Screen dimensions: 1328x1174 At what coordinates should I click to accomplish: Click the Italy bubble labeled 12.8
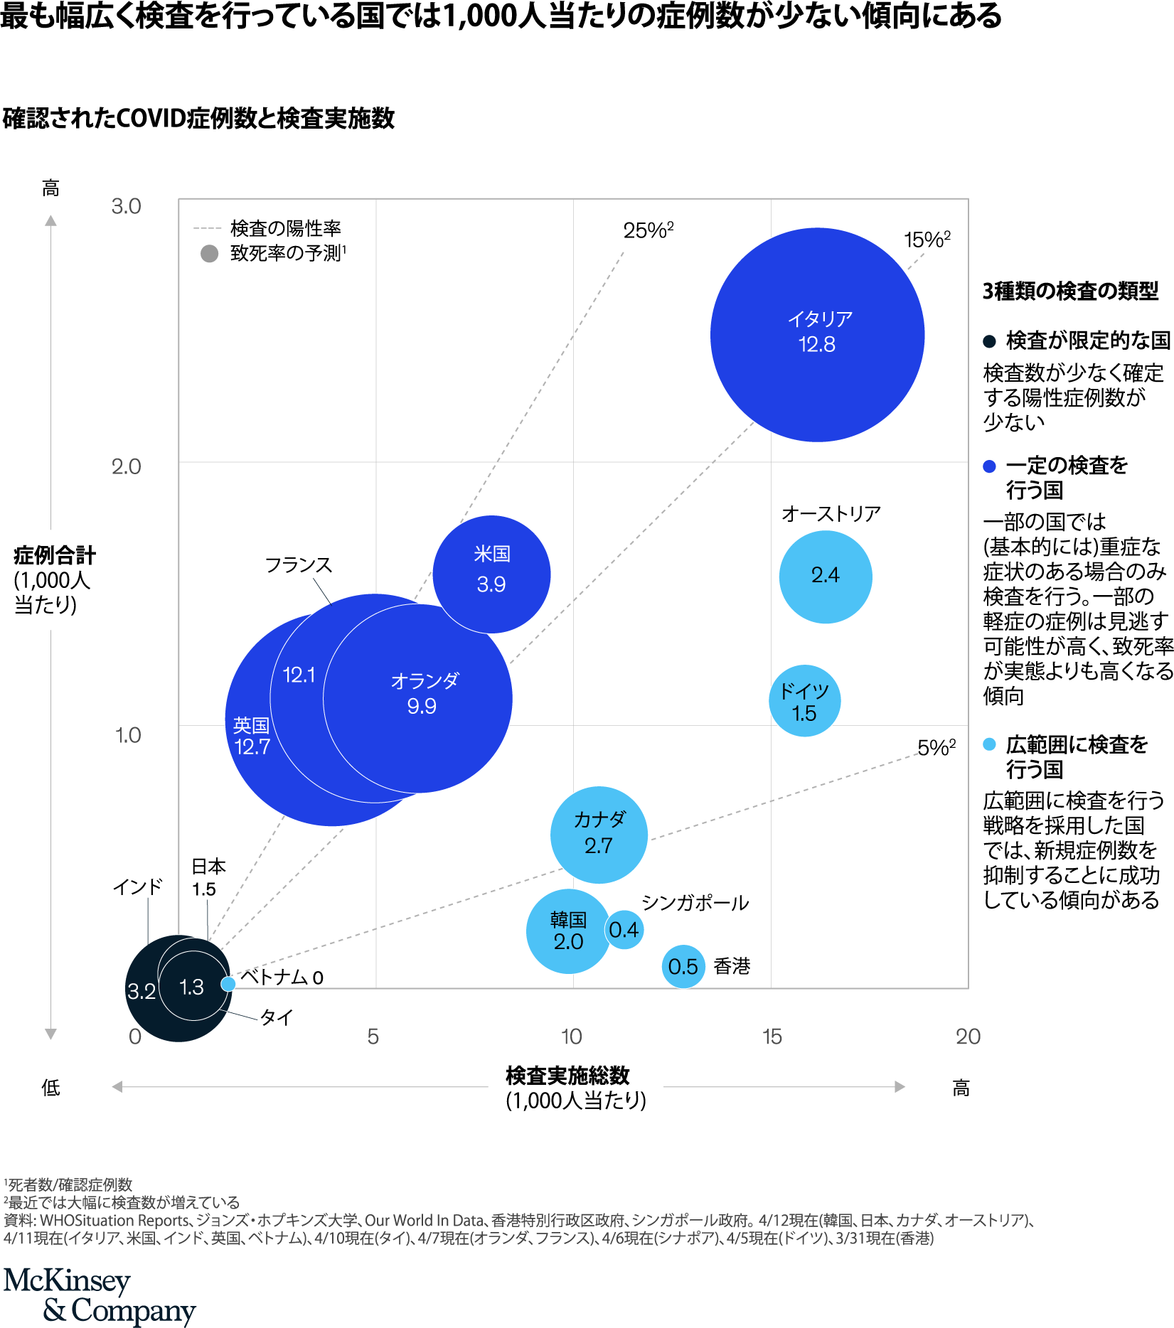click(817, 334)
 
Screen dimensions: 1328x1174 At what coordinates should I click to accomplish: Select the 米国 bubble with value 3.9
click(491, 573)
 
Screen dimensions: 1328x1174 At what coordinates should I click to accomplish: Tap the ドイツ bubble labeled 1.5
click(804, 701)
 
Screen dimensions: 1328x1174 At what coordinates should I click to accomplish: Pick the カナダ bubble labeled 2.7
click(599, 835)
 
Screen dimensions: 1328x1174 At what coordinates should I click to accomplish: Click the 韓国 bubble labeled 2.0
click(567, 931)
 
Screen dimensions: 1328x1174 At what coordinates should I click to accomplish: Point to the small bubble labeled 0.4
click(624, 929)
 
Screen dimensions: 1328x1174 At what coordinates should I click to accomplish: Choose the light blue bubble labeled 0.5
click(683, 966)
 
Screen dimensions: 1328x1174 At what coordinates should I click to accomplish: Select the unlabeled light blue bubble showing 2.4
click(825, 576)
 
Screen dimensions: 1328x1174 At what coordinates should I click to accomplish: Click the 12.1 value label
click(299, 675)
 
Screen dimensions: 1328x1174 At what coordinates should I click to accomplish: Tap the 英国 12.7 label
click(252, 737)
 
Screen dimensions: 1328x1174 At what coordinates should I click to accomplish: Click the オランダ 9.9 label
click(424, 694)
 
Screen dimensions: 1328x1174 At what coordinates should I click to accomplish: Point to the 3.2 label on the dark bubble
click(141, 991)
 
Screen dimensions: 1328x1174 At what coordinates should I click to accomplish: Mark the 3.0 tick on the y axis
click(126, 206)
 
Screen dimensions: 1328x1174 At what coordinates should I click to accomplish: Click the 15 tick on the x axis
click(772, 1037)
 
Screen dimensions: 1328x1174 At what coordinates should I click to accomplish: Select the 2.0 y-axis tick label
click(126, 467)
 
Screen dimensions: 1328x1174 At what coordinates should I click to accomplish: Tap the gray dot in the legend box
click(209, 253)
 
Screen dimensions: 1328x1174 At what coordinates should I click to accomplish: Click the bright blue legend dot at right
click(989, 466)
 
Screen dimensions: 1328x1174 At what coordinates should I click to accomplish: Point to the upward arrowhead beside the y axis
click(50, 220)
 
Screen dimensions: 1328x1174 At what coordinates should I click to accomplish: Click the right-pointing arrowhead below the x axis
click(900, 1086)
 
